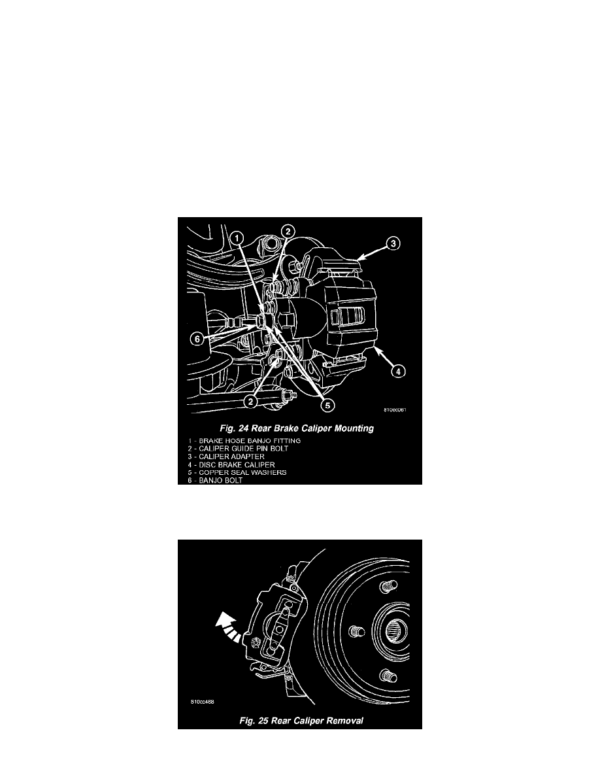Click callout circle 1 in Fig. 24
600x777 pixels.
[x=238, y=238]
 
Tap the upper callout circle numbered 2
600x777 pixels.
[x=288, y=232]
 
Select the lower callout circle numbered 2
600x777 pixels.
[x=251, y=402]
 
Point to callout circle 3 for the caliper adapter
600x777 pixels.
[x=393, y=243]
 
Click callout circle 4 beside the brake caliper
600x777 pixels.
[x=399, y=371]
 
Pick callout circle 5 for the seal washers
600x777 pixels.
[x=327, y=406]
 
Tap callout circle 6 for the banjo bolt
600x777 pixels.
[x=197, y=339]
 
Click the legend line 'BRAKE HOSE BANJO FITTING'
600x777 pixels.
[x=244, y=441]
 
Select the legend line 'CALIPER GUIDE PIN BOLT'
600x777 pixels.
[x=238, y=449]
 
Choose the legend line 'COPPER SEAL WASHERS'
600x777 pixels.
[x=237, y=472]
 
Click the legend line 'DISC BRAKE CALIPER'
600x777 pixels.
[x=231, y=465]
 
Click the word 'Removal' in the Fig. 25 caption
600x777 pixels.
[x=345, y=721]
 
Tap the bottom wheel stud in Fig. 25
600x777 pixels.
[x=388, y=675]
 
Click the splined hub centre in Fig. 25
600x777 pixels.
[x=396, y=630]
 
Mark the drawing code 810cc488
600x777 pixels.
[x=202, y=702]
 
